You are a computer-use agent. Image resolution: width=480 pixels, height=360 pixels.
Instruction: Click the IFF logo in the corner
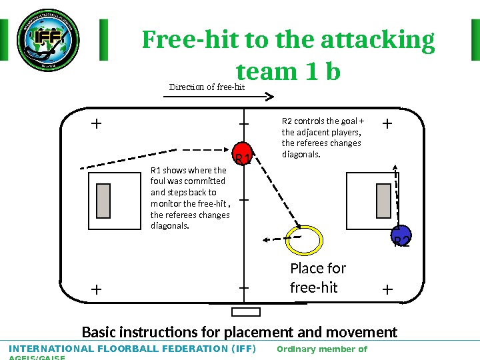tap(47, 40)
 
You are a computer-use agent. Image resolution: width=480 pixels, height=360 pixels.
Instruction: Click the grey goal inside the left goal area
tap(103, 201)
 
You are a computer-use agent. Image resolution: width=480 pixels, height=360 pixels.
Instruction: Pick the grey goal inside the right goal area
tap(383, 201)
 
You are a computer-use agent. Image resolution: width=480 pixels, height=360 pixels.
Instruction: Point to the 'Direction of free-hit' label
tap(207, 87)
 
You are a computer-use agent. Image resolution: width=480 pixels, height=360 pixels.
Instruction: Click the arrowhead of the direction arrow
tap(269, 97)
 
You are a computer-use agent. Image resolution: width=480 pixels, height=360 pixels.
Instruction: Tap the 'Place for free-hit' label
tap(318, 278)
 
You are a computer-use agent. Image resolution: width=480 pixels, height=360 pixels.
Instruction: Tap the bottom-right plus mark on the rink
tap(388, 289)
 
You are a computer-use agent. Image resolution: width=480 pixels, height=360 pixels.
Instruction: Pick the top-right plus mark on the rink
tap(388, 123)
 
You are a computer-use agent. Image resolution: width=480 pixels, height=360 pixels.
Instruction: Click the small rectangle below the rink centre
tap(245, 312)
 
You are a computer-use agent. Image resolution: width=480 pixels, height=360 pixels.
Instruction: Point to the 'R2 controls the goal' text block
tap(323, 138)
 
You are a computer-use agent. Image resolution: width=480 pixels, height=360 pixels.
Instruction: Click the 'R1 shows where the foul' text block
tap(190, 197)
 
